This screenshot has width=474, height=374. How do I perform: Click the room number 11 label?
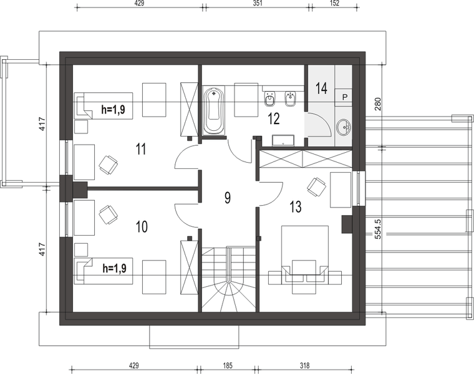point(141,148)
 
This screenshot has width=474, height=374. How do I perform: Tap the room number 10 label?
point(142,226)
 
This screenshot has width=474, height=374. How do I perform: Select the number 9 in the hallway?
point(228,198)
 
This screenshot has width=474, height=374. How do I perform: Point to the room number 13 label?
point(296,207)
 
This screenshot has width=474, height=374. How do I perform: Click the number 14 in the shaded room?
point(321,89)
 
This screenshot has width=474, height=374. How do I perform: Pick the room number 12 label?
point(274,118)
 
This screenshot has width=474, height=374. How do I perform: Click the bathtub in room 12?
point(215,110)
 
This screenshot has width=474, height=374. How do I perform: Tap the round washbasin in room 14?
point(344,127)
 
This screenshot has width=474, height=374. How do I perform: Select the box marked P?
point(345,97)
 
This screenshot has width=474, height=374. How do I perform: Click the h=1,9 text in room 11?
point(113,109)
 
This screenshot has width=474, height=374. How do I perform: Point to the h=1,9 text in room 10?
point(115,268)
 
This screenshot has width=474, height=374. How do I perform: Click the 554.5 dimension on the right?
point(377,229)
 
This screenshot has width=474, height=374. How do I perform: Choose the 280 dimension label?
point(378,103)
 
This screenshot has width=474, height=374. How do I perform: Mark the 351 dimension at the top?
point(258,3)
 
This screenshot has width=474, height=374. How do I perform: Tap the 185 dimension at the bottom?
point(227,366)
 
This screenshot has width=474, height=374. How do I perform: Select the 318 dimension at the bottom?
point(305,366)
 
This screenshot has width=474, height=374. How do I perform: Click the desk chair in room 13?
point(316,187)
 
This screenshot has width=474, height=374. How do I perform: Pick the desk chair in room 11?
point(108,165)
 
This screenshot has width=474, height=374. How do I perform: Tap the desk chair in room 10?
point(109,215)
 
